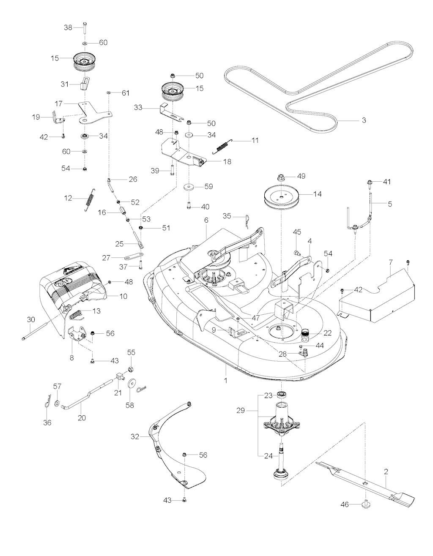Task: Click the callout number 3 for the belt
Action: [364, 120]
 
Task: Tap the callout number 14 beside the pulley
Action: [318, 194]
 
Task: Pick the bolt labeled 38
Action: [85, 28]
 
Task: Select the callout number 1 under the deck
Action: [226, 380]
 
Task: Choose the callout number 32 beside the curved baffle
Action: [135, 437]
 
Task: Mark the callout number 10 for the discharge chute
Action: [123, 297]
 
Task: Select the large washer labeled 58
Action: [131, 383]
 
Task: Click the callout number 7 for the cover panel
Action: [391, 263]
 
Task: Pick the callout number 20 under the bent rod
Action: [82, 417]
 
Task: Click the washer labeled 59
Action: [189, 186]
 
